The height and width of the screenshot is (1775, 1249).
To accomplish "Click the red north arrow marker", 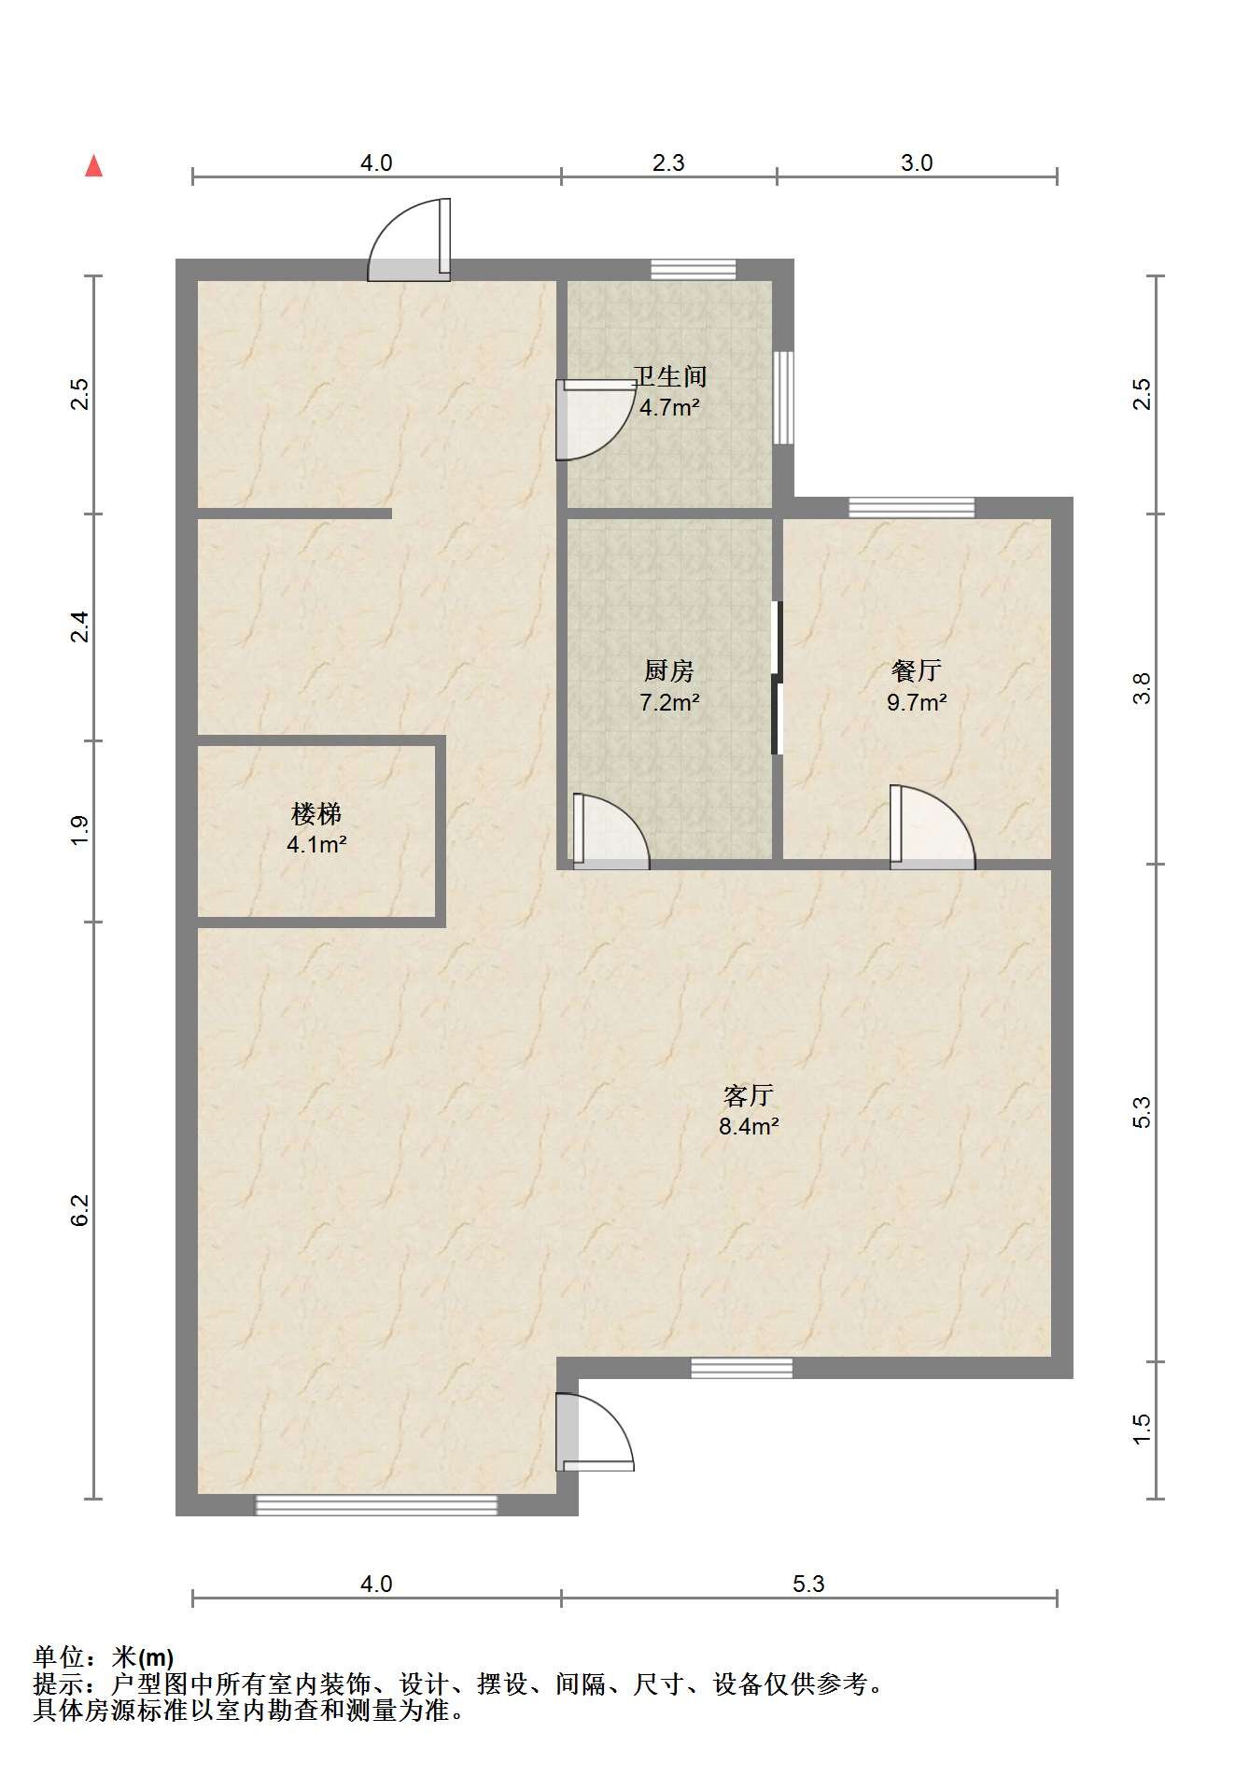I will click(93, 166).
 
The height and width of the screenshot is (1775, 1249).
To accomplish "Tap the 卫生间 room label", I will click(669, 377).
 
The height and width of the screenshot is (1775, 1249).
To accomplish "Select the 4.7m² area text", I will click(669, 408).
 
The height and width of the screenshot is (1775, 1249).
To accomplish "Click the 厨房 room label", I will click(669, 670).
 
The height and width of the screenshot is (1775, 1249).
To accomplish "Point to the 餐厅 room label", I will click(916, 670).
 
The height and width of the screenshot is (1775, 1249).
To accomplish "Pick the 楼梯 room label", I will click(316, 814).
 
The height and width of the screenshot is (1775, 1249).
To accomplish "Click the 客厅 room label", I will click(748, 1094).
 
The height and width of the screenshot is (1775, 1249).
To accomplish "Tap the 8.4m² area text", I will click(748, 1126).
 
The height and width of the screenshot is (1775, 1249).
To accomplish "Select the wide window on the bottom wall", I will click(376, 1504).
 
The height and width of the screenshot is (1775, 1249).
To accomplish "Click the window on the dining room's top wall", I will click(911, 507).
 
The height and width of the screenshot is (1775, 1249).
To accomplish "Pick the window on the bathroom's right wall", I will click(784, 398).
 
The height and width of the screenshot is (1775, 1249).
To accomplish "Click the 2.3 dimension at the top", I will click(668, 163).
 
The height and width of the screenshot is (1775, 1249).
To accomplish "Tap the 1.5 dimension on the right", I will click(1143, 1429).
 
